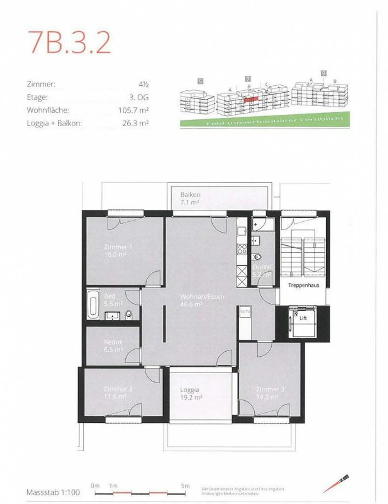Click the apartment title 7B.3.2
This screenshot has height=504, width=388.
70,43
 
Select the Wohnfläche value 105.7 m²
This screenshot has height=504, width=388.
133,110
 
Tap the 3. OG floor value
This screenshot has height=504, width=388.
139,97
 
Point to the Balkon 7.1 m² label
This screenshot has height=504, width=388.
190,198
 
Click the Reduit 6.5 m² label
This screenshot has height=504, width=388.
113,346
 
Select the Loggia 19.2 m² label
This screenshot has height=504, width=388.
190,394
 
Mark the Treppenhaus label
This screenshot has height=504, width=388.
303,285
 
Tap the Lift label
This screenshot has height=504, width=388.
303,318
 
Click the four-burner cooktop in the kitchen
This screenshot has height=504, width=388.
242,249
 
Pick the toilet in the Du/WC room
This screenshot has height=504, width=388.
257,257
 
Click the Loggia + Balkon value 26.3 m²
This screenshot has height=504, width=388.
135,123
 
